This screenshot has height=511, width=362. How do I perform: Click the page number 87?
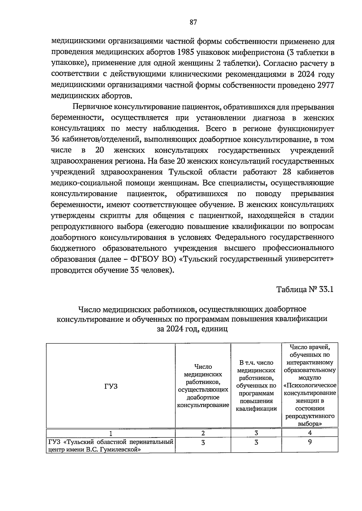click(x=193, y=22)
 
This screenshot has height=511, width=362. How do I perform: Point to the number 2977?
click(x=325, y=85)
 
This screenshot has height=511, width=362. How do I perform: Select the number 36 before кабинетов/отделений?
click(x=56, y=140)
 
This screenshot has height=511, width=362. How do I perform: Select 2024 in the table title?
click(x=173, y=329)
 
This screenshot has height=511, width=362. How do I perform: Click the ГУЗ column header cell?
click(x=111, y=386)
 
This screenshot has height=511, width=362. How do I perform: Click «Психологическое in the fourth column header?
click(x=310, y=385)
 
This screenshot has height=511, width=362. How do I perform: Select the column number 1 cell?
click(x=111, y=433)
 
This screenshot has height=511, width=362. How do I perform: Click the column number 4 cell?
click(x=310, y=433)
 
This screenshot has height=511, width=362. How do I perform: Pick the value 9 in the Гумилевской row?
click(x=310, y=442)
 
